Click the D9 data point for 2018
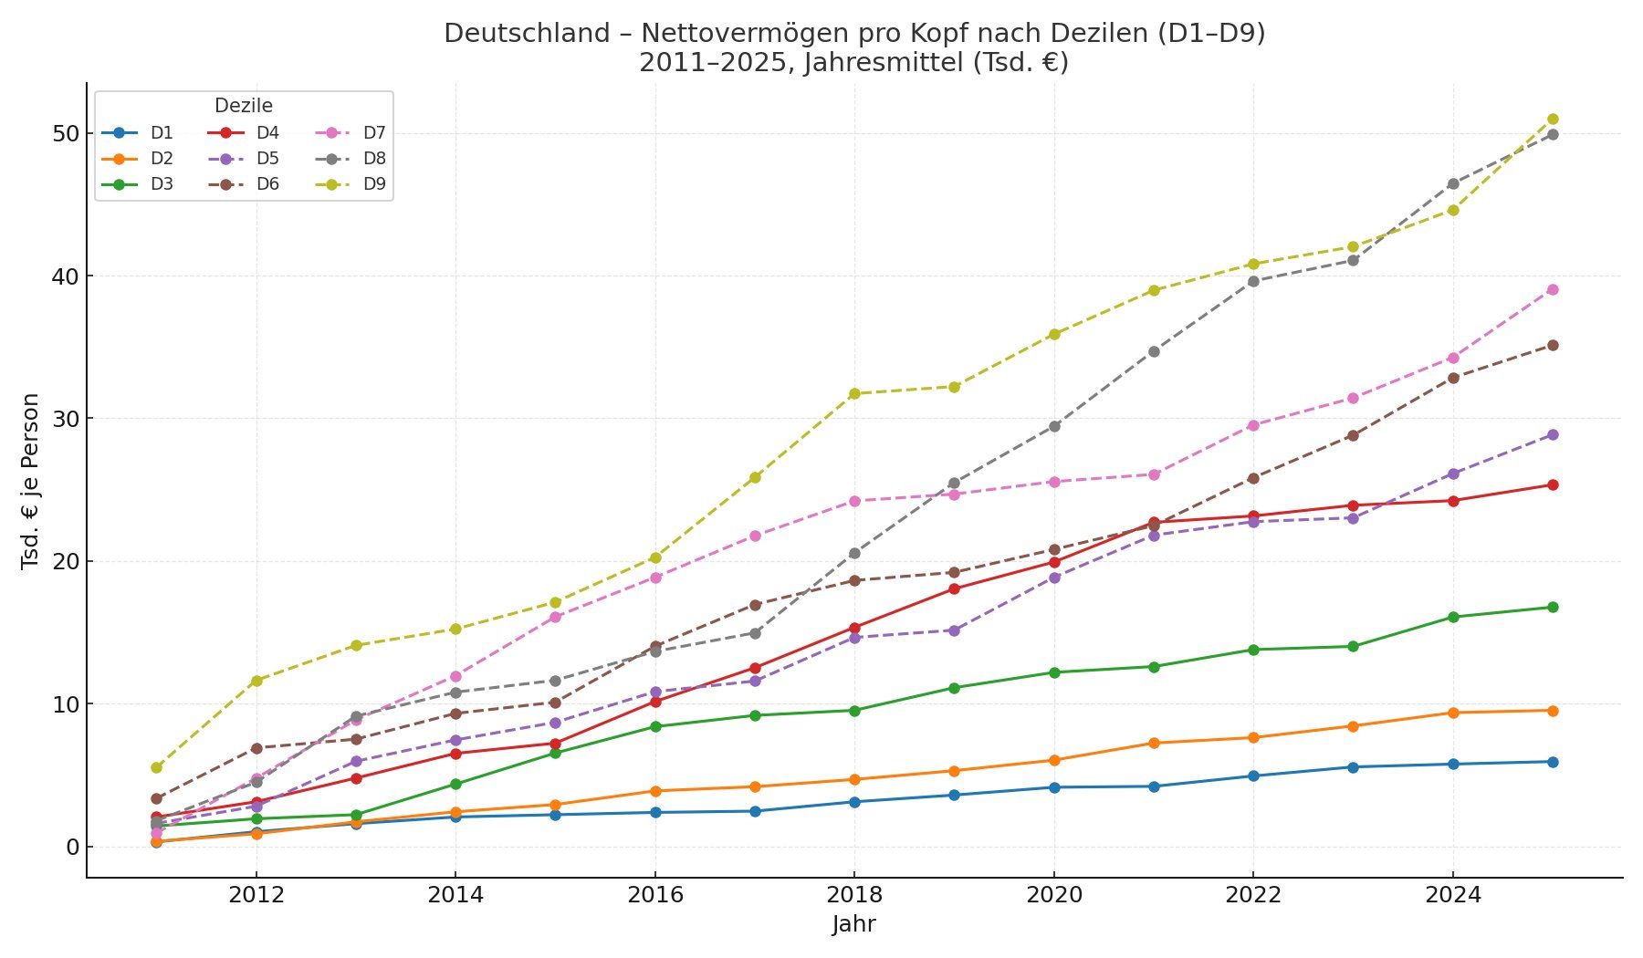pos(854,393)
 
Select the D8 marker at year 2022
pos(1253,281)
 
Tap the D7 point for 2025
pos(1553,289)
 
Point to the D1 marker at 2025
pos(1553,762)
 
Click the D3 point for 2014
pos(455,784)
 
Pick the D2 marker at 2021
pos(1154,743)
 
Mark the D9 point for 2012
pos(256,681)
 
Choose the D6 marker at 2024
pos(1453,378)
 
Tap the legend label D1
pos(162,133)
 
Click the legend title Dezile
pos(243,106)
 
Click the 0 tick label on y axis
pos(73,847)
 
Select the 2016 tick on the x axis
pos(654,895)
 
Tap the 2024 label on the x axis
pos(1453,895)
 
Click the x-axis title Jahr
pos(853,924)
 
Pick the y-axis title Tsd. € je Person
pos(30,481)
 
